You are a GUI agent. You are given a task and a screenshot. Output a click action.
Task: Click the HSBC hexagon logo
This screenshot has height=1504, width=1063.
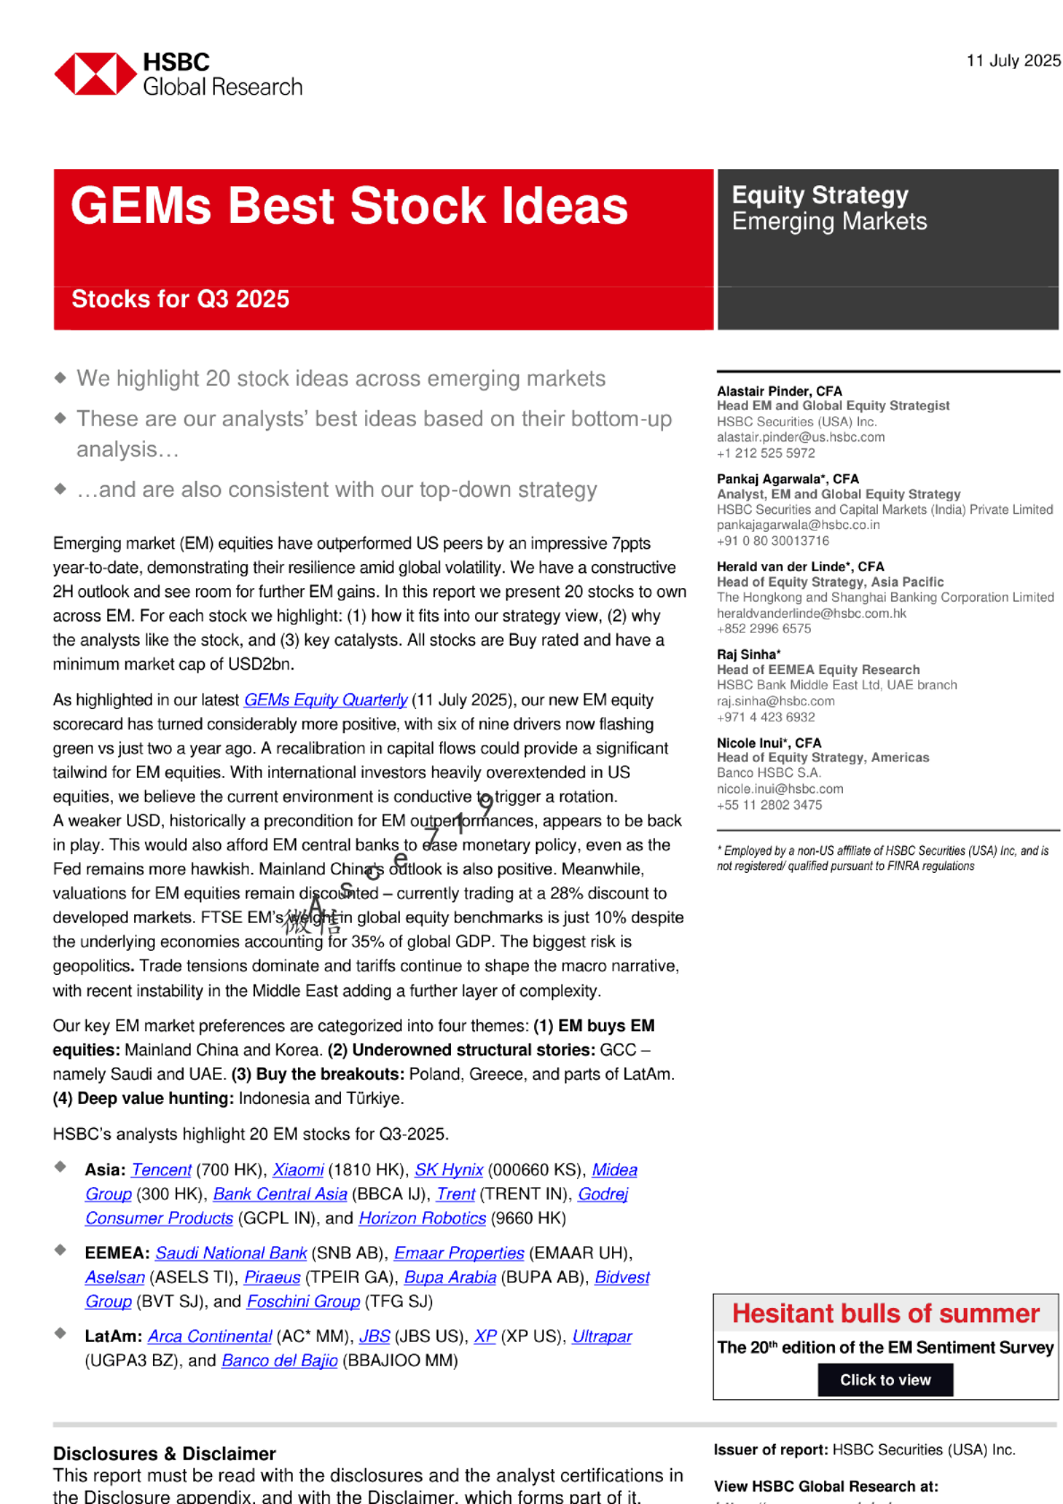95,73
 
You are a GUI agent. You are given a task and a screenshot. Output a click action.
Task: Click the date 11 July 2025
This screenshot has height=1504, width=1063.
1013,61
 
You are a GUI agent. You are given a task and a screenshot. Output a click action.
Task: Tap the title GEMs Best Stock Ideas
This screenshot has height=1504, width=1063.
349,206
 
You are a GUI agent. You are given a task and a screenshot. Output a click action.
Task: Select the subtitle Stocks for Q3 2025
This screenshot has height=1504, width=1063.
180,299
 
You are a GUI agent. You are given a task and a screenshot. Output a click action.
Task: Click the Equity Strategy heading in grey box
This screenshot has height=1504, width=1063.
820,195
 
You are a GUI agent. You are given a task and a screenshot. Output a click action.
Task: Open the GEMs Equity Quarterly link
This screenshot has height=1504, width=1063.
326,700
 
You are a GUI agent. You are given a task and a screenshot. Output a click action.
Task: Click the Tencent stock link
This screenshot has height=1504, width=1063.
161,1170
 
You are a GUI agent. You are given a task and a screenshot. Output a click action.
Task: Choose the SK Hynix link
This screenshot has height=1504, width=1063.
448,1170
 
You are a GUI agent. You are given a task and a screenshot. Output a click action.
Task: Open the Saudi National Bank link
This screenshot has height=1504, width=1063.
231,1253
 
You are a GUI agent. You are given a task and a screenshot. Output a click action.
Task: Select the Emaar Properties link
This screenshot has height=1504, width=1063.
459,1253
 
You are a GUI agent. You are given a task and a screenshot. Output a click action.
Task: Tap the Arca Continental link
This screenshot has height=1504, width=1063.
209,1337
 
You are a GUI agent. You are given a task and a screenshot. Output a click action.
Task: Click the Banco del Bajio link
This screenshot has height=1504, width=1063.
279,1361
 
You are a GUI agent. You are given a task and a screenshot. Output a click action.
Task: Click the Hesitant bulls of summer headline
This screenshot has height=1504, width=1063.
886,1313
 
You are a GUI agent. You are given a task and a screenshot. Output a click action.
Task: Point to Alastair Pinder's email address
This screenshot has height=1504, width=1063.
800,438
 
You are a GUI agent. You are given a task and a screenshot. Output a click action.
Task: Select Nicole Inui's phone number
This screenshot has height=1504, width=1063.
769,805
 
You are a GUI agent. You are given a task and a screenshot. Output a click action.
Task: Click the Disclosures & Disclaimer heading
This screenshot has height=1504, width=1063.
164,1454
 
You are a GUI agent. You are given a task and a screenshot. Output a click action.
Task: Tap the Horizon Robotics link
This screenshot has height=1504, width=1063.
422,1218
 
